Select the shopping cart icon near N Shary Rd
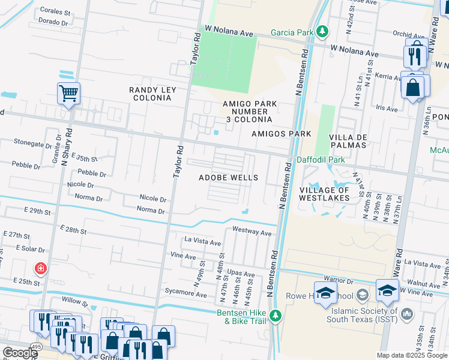pos(69,94)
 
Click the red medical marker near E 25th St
pos(41,268)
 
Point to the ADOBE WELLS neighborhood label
pos(228,178)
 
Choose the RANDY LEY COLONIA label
pos(152,94)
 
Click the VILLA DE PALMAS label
pos(348,142)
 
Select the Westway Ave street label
pos(252,231)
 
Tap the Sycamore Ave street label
pos(186,293)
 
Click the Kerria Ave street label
pos(387,77)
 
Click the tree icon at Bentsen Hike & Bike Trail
pos(276,315)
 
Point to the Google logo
pos(19,353)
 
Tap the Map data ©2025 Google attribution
pos(411,355)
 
